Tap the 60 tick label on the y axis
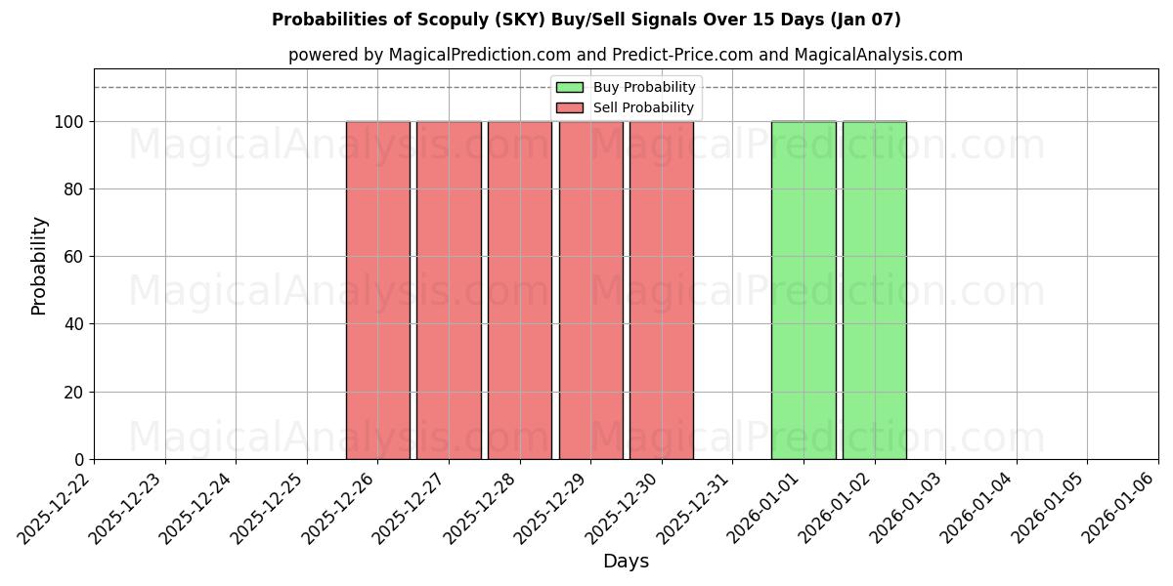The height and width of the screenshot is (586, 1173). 74,257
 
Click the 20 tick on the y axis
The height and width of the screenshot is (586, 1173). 74,393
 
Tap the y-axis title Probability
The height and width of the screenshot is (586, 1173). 39,265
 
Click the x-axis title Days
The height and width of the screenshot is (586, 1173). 626,562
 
